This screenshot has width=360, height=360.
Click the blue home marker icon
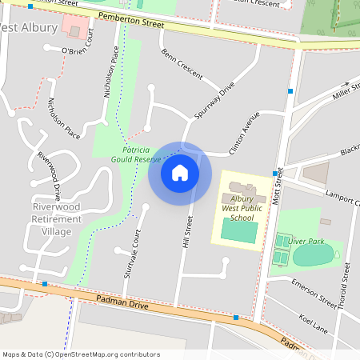coord(180,172)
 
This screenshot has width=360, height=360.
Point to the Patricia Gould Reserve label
coord(137,154)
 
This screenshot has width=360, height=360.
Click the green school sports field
coord(238,231)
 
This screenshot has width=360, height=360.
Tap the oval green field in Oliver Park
coord(311,256)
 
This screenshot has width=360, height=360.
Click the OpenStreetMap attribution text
coord(81,354)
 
